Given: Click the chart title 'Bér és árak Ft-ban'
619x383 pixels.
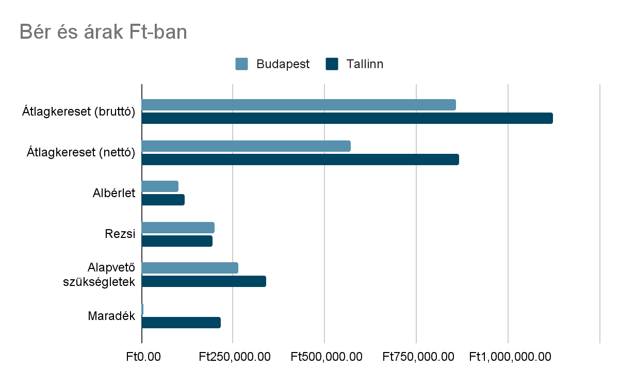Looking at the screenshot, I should pyautogui.click(x=103, y=32).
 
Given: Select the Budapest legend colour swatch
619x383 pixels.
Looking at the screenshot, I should pyautogui.click(x=241, y=64).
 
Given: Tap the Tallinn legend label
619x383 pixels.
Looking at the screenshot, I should pyautogui.click(x=365, y=64).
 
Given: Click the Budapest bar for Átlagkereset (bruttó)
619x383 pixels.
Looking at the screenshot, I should pyautogui.click(x=299, y=105).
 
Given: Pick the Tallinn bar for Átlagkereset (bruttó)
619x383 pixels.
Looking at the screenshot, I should pyautogui.click(x=347, y=118).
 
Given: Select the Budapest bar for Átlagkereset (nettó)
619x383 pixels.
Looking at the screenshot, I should pyautogui.click(x=246, y=146).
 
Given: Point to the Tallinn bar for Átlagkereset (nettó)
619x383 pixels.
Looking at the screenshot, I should pyautogui.click(x=300, y=159).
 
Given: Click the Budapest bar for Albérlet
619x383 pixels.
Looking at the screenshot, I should pyautogui.click(x=160, y=186).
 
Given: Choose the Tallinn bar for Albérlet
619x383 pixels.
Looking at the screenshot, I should pyautogui.click(x=163, y=200).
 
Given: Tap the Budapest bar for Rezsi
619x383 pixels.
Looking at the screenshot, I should pyautogui.click(x=178, y=228).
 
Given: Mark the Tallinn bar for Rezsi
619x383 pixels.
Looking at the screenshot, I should pyautogui.click(x=177, y=241).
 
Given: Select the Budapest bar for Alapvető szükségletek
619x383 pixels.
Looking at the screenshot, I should pyautogui.click(x=190, y=268).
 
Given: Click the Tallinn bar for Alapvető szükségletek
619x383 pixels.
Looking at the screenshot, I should pyautogui.click(x=204, y=281).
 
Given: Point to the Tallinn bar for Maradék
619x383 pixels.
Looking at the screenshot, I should pyautogui.click(x=181, y=323).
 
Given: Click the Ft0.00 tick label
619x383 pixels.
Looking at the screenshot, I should pyautogui.click(x=141, y=357).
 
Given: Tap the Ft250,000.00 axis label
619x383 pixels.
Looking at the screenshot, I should pyautogui.click(x=234, y=357).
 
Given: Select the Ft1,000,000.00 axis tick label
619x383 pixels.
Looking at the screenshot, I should pyautogui.click(x=510, y=357).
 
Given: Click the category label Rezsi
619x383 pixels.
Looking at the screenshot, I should pyautogui.click(x=120, y=234).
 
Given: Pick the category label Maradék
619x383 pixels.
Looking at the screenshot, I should pyautogui.click(x=111, y=316).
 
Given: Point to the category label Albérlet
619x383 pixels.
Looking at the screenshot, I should pyautogui.click(x=114, y=193).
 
